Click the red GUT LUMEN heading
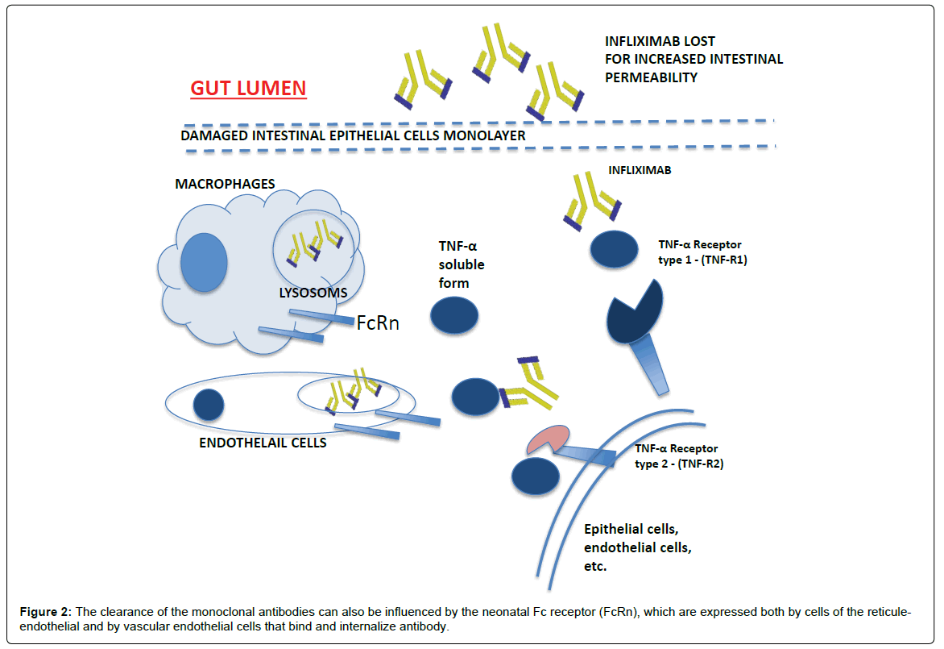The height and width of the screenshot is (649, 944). (x=248, y=88)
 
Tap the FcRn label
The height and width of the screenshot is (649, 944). (x=378, y=324)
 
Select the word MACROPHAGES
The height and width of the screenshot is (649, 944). (x=225, y=184)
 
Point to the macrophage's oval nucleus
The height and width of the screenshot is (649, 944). (x=203, y=264)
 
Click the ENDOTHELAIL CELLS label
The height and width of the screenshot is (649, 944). (x=262, y=442)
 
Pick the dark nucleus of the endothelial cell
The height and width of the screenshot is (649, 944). (x=209, y=404)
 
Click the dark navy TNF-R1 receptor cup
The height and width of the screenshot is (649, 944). (x=636, y=310)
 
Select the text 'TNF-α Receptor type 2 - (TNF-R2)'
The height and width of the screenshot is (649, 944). (x=677, y=456)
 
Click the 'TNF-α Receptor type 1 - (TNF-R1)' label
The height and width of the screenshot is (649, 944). (x=699, y=252)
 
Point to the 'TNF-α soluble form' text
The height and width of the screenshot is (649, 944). (x=462, y=264)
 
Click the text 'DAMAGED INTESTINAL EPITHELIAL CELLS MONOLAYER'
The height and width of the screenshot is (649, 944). (x=353, y=136)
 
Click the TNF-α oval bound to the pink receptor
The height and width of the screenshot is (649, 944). (x=535, y=476)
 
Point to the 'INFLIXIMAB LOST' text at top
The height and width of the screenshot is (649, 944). (x=660, y=41)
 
